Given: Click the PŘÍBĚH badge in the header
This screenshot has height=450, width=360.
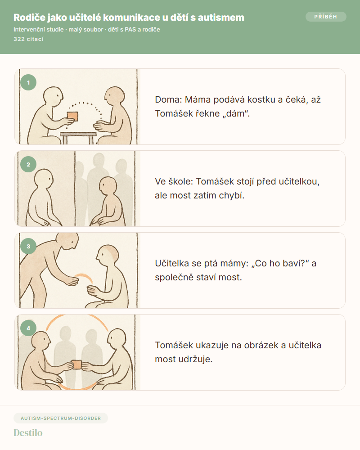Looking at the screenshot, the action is pyautogui.click(x=326, y=17).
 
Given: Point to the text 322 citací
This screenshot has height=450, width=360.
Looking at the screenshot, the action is pyautogui.click(x=28, y=39).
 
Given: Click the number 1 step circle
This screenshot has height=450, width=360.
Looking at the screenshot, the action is pyautogui.click(x=28, y=83).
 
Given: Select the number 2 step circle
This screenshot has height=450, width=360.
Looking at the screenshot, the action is pyautogui.click(x=28, y=164).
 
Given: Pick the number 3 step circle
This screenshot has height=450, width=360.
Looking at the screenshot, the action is pyautogui.click(x=28, y=246).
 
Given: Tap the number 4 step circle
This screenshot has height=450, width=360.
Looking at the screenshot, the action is pyautogui.click(x=28, y=328).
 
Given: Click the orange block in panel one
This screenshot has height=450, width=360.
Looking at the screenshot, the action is pyautogui.click(x=72, y=116).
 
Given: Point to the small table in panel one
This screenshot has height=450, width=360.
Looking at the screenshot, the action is pyautogui.click(x=78, y=138).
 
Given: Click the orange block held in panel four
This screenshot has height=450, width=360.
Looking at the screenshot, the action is pyautogui.click(x=76, y=364).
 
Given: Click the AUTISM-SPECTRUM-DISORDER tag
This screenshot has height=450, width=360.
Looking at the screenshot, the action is pyautogui.click(x=61, y=418).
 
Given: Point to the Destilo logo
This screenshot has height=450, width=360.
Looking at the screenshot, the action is pyautogui.click(x=28, y=433).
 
